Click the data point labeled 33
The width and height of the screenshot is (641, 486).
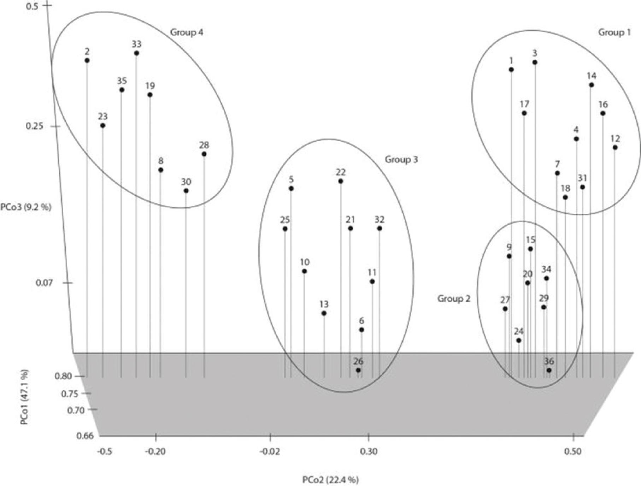136,53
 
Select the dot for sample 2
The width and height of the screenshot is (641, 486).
87,60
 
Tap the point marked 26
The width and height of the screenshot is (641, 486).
358,370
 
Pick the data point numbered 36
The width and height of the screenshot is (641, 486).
549,370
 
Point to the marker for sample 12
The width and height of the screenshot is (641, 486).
615,147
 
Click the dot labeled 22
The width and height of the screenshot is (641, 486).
341,181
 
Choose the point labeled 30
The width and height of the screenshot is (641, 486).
186,191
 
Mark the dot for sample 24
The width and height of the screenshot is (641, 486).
519,340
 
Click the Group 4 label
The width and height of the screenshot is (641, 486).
187,32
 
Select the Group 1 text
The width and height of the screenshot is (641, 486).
614,32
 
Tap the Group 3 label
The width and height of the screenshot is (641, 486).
401,160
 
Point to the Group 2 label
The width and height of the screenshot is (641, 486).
454,299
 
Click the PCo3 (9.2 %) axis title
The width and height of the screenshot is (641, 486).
26,207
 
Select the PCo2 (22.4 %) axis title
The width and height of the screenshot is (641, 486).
330,480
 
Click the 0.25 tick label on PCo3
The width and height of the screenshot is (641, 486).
35,126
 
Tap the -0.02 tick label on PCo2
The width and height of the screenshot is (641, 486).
270,452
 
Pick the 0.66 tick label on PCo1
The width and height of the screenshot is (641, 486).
85,436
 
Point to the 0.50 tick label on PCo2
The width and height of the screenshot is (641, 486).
573,452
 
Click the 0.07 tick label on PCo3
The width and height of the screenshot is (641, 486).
44,283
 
